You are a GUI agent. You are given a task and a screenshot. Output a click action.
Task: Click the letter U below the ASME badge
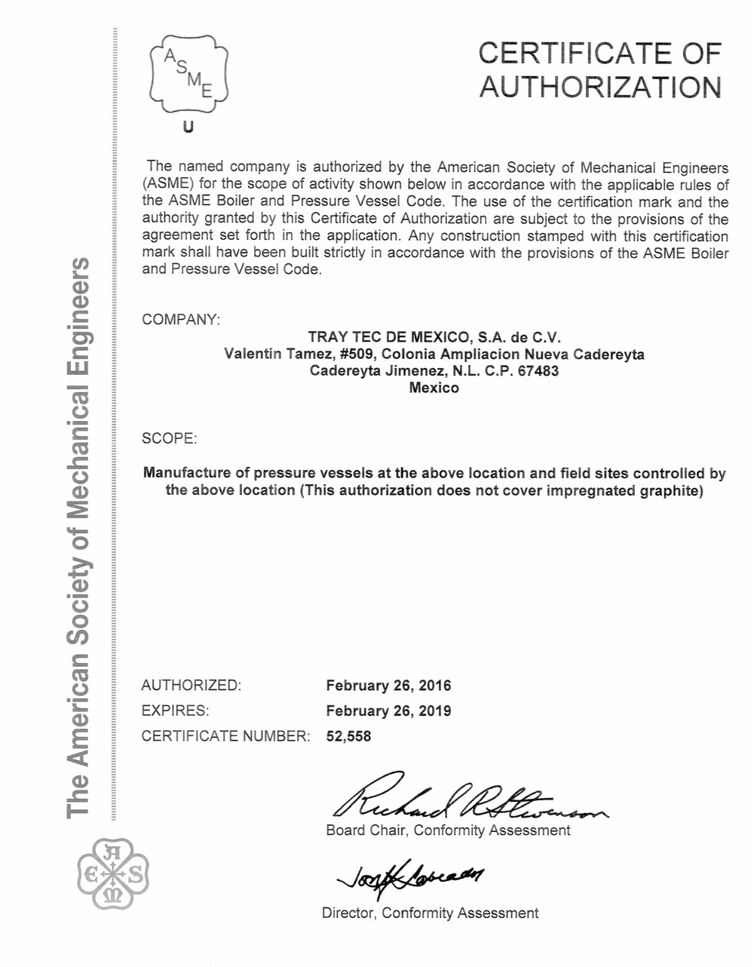[188, 127]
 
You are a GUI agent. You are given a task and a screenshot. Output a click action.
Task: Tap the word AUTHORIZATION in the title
[600, 87]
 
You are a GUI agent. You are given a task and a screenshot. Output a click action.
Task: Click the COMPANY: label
[181, 319]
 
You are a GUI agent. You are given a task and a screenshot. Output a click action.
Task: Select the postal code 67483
[538, 371]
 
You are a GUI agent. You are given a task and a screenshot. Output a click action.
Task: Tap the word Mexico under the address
[434, 388]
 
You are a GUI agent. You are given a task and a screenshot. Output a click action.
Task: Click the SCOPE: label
[170, 438]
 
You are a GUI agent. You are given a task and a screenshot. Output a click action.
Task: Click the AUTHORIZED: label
[192, 686]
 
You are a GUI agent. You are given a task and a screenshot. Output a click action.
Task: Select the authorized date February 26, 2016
[388, 686]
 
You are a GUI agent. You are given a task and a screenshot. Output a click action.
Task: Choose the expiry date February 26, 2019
[388, 711]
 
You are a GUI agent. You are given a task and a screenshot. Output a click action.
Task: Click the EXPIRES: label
[175, 711]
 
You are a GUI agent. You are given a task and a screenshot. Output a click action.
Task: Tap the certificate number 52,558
[348, 736]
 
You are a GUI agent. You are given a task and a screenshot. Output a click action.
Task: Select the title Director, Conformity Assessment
[430, 913]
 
